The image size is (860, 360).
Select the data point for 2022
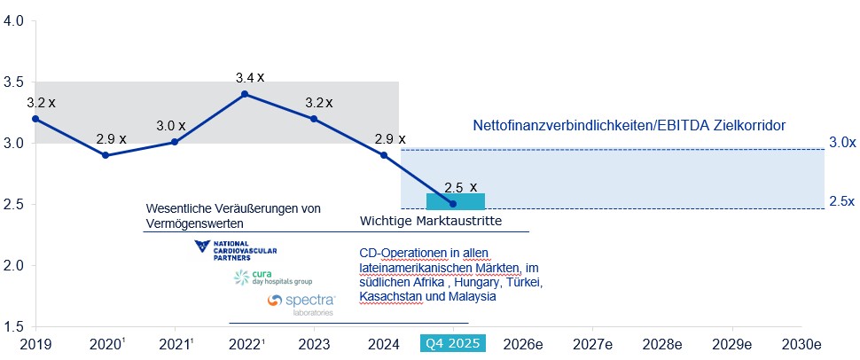[244, 93]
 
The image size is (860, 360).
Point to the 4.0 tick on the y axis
[14, 20]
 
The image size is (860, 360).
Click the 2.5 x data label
[460, 187]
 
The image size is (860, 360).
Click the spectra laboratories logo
[300, 303]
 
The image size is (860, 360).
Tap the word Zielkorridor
[743, 127]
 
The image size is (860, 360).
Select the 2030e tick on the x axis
[803, 343]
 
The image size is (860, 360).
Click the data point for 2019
[35, 118]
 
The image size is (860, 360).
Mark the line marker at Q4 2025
[453, 203]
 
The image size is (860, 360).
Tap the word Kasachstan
[390, 297]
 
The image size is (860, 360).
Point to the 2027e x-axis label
[593, 343]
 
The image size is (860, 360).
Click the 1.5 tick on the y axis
[14, 326]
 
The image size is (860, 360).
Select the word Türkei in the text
[520, 283]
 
